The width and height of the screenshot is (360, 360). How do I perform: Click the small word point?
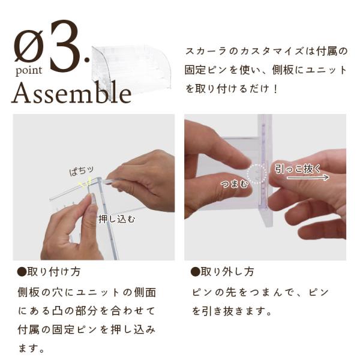[x=29, y=71]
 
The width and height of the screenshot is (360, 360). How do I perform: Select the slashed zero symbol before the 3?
[x=29, y=46]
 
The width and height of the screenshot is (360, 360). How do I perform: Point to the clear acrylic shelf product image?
[x=131, y=69]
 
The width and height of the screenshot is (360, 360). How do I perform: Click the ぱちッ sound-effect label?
[x=82, y=170]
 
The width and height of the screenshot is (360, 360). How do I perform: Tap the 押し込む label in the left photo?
[x=117, y=219]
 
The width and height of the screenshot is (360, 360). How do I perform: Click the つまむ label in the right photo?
[x=235, y=184]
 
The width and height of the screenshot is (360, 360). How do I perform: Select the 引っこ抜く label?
[x=298, y=169]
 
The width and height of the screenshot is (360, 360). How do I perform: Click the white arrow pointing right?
[x=308, y=177]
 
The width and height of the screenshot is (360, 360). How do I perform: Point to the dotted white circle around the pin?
[x=257, y=174]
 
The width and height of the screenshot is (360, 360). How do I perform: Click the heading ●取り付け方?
[x=49, y=272]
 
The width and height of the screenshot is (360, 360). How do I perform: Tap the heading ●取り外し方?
[x=222, y=272]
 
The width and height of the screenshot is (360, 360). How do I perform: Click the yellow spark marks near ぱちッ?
[x=85, y=183]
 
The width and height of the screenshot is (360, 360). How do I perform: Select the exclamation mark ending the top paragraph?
[x=276, y=89]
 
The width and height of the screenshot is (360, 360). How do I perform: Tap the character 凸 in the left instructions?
[x=57, y=311]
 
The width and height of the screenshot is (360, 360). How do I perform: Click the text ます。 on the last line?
[x=31, y=349]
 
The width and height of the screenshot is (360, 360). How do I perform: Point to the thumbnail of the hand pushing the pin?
[x=94, y=187]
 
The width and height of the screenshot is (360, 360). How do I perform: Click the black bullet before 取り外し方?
[x=195, y=272]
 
